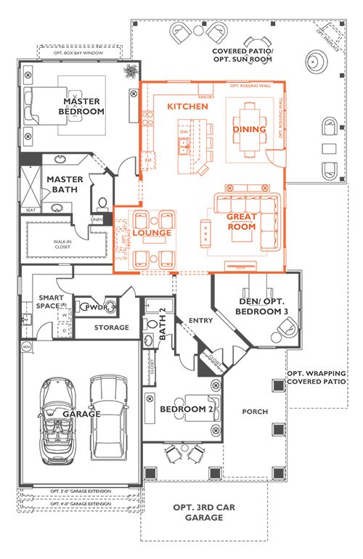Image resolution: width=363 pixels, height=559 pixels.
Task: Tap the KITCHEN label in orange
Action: point(188,107)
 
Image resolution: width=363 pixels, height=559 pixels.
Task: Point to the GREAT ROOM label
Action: point(242,221)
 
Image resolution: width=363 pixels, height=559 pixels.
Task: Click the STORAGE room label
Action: point(111,327)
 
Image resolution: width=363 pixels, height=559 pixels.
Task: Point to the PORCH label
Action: point(255,412)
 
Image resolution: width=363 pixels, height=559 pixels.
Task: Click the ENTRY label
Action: point(200,320)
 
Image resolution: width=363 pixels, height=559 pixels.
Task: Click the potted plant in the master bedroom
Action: point(131,71)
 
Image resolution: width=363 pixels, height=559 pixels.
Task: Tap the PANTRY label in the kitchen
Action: point(205,97)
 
